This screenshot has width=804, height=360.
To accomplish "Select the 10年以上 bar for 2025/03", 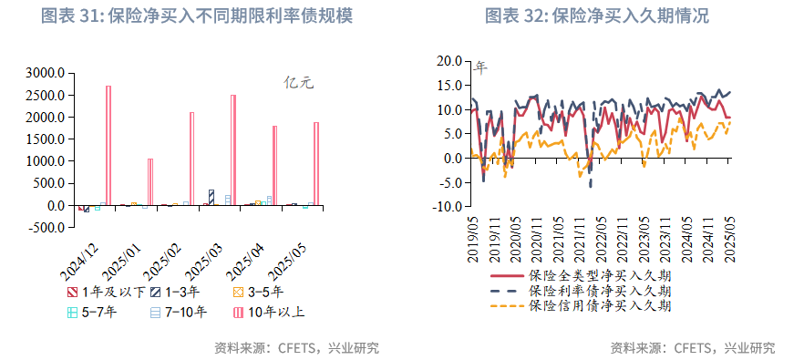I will [x=233, y=149].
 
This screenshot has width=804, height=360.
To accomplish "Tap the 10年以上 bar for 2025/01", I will [x=150, y=181].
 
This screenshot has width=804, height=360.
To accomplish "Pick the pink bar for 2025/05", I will [x=316, y=163].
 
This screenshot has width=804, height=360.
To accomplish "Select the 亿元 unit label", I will [x=299, y=83].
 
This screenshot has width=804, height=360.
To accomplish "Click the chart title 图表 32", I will [x=597, y=16].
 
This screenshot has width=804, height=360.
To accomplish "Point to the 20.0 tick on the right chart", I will [x=449, y=61].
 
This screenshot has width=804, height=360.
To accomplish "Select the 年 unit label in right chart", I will [x=480, y=67].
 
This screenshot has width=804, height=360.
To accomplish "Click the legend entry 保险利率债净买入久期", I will [x=600, y=290].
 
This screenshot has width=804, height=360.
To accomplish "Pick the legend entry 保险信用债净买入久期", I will [x=600, y=305].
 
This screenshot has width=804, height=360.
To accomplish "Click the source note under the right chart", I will [x=692, y=347].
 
